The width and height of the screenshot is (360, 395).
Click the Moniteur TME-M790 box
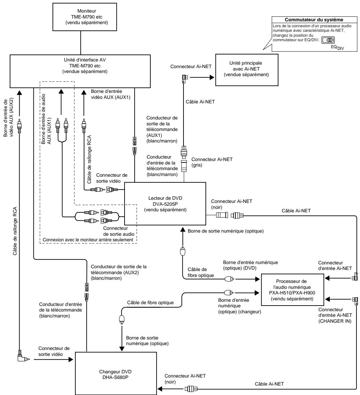coord(84,17)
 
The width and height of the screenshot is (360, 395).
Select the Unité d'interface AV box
coord(80,71)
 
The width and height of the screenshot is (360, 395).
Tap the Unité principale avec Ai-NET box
coord(247,70)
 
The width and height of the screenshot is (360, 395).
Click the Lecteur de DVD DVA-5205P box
coord(165,204)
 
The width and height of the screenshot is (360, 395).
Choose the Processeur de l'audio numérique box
coord(292,290)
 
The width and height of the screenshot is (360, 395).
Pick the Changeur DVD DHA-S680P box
coord(116,373)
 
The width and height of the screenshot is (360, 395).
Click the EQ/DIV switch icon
coord(328,40)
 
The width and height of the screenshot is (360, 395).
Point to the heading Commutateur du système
coord(314,20)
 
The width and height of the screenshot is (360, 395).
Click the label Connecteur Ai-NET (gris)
coord(212,162)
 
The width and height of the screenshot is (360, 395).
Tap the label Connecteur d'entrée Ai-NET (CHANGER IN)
coord(335,315)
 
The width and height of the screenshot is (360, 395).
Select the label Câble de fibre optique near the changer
coord(150,302)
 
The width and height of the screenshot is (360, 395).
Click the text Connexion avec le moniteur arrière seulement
coord(88,240)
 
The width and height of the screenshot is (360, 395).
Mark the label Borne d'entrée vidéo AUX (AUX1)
coord(111,94)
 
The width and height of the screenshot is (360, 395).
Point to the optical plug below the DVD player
coord(183,251)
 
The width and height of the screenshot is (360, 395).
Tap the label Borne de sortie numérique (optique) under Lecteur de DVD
coord(226,231)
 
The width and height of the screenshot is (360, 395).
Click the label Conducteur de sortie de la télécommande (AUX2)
coord(119,272)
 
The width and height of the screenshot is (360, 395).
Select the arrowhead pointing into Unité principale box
coord(212,77)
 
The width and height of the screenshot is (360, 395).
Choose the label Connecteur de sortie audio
coord(119,231)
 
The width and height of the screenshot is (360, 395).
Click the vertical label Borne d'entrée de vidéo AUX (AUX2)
coord(8,118)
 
